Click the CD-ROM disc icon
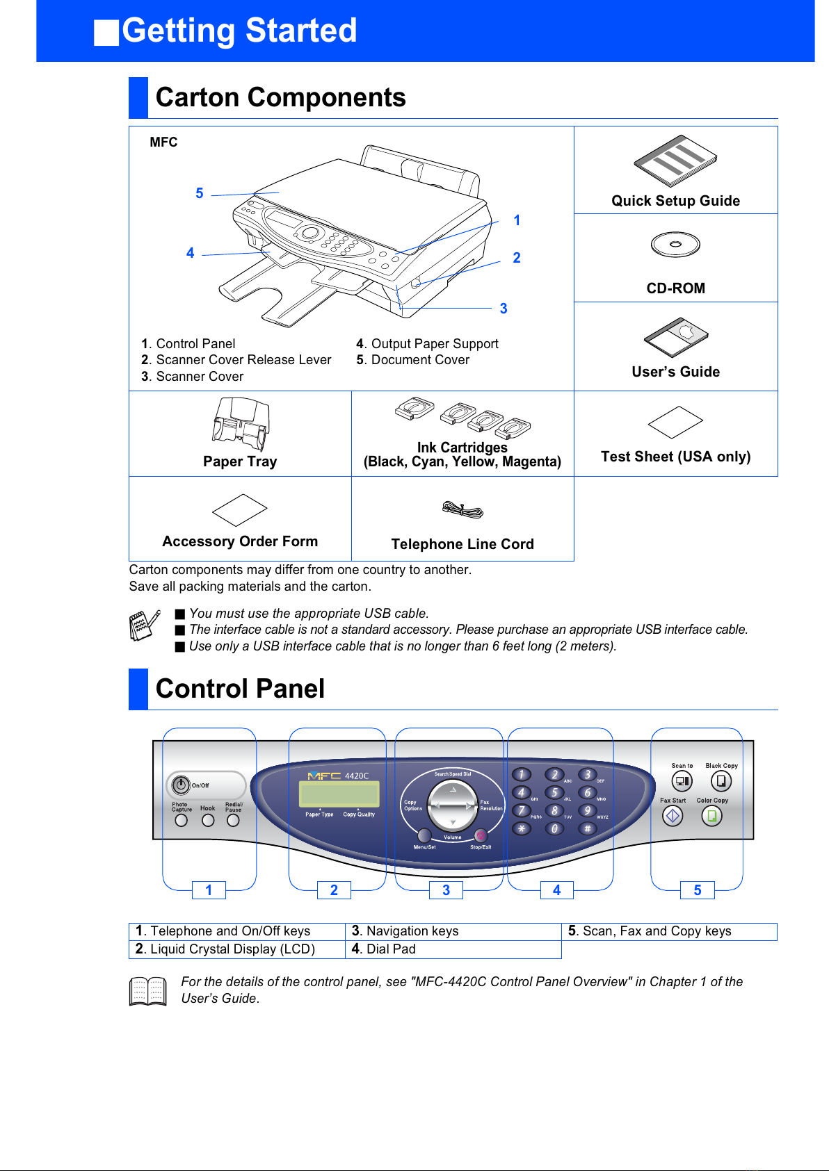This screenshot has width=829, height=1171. click(x=675, y=244)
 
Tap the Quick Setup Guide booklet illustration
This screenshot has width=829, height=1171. click(x=675, y=161)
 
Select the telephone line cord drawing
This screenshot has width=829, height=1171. click(x=462, y=510)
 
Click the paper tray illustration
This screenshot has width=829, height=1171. click(x=241, y=424)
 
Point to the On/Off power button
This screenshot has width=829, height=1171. click(x=181, y=785)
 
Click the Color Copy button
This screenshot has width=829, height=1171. click(x=712, y=816)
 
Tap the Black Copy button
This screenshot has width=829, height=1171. click(x=721, y=781)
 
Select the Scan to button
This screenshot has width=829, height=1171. click(x=682, y=781)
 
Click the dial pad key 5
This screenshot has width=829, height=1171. click(x=554, y=792)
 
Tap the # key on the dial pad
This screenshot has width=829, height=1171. click(x=588, y=828)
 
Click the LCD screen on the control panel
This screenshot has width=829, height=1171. click(x=339, y=794)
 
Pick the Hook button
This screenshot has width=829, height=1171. click(x=208, y=820)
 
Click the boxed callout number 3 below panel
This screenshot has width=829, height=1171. click(x=446, y=890)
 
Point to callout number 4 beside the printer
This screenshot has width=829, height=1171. click(x=190, y=253)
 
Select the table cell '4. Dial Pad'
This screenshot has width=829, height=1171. click(x=453, y=949)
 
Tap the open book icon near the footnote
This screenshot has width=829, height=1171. click(x=148, y=991)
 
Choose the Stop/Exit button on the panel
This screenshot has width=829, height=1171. click(x=481, y=835)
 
